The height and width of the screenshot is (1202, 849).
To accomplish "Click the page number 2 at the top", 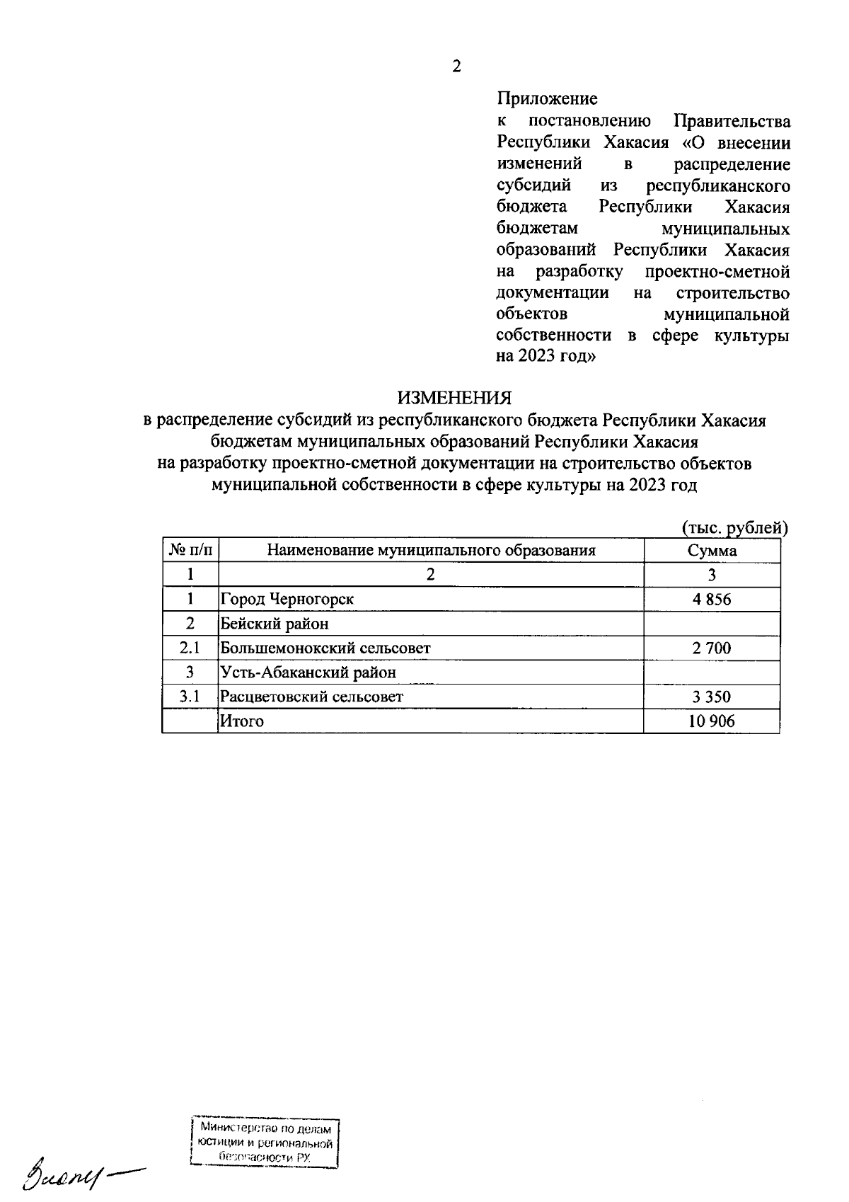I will [456, 67].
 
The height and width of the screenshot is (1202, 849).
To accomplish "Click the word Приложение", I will [546, 98].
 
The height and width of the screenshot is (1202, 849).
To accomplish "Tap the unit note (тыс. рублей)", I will [734, 527].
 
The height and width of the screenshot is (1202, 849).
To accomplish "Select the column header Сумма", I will [712, 551].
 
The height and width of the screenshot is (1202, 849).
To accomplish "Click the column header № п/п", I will [190, 551].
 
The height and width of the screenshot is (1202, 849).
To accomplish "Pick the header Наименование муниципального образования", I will [431, 551].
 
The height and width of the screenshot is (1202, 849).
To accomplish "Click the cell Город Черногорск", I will [287, 600].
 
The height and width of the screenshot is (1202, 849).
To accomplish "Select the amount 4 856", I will [712, 600].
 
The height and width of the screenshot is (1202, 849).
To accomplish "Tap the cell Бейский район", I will [275, 624].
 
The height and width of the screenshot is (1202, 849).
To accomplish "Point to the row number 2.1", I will [190, 648].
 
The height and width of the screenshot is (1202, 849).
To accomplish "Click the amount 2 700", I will [712, 648].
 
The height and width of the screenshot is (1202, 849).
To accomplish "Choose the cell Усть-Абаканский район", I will [308, 672].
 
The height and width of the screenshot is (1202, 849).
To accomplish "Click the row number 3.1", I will [190, 697].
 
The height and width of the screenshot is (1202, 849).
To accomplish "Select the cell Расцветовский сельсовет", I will [311, 697].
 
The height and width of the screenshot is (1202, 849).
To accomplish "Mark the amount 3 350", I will [712, 697].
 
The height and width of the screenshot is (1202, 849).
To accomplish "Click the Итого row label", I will [242, 721].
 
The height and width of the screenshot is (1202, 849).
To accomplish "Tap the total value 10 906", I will [712, 721].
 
